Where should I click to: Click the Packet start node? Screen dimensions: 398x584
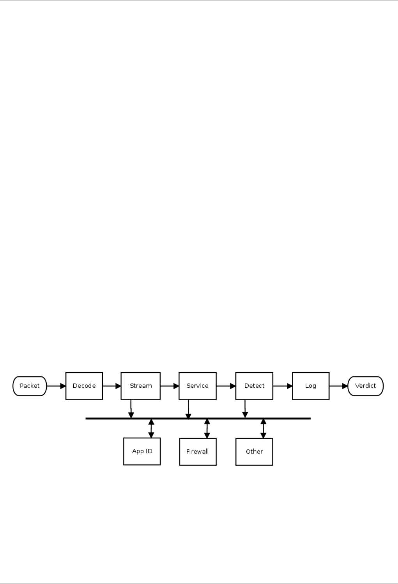[30, 386]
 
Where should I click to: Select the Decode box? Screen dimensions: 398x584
[84, 386]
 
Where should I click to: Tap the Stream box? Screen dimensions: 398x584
[140, 386]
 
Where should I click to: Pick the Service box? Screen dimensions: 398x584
[197, 386]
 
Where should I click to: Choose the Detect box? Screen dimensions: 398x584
[254, 386]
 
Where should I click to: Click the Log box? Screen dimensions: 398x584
[311, 386]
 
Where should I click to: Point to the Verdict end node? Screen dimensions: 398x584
[365, 386]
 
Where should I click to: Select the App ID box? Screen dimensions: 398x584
[142, 451]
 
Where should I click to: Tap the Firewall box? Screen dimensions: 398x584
[198, 452]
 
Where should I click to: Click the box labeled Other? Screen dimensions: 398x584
[254, 452]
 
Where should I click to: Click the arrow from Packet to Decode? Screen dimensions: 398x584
[56, 386]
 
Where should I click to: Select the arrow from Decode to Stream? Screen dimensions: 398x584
[112, 386]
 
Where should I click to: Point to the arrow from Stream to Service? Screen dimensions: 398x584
[170, 386]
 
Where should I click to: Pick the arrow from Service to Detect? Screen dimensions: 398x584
[226, 386]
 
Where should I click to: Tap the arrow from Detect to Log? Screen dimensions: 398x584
[283, 386]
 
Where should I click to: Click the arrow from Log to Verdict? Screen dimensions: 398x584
[338, 386]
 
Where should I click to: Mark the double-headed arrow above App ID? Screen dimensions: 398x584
[151, 428]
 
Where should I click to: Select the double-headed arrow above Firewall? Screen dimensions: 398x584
[207, 428]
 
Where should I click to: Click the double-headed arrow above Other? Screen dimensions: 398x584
[263, 428]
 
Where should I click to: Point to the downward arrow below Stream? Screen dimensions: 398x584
[131, 409]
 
